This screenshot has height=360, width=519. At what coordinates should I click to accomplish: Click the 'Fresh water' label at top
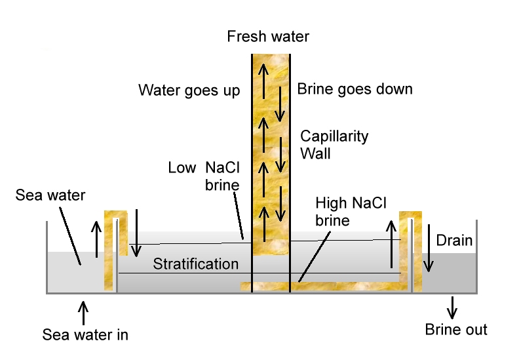click(267, 37)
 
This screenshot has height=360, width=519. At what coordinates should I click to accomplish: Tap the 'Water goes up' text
click(189, 90)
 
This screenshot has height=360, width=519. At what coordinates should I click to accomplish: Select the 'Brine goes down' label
click(355, 89)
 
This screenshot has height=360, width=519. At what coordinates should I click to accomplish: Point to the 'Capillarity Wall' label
click(334, 145)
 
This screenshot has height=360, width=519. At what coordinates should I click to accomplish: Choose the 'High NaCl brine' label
click(351, 211)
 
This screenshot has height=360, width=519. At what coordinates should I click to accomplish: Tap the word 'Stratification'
click(196, 264)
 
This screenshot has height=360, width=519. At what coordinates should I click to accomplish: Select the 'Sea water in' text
click(85, 335)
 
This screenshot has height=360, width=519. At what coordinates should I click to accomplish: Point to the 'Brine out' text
click(456, 329)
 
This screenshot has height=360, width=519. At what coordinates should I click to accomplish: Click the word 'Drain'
click(454, 241)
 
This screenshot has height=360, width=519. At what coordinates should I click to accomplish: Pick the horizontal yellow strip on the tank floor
click(324, 286)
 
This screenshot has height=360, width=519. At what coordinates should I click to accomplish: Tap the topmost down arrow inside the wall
click(280, 104)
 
